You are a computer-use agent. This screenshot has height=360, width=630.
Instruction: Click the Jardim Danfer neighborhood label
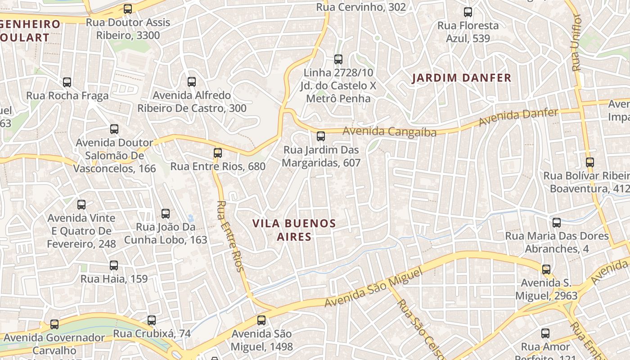[462, 78]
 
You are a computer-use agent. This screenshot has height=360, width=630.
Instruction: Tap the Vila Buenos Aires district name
[294, 230]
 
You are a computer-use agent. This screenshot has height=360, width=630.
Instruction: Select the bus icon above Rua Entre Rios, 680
[218, 153]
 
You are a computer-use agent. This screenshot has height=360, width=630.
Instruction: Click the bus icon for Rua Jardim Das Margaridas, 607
[321, 136]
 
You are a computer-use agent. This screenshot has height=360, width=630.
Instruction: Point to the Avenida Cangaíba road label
[389, 132]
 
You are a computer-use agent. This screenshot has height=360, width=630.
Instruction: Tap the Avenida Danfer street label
[518, 117]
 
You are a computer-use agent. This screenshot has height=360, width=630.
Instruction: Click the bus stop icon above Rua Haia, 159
[114, 265]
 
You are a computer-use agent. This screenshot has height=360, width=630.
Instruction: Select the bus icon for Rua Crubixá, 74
[152, 320]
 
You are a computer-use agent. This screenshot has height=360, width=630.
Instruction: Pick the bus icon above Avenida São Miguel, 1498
[261, 320]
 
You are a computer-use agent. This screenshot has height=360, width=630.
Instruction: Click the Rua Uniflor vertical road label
[576, 43]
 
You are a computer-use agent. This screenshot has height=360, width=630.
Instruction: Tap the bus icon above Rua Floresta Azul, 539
[468, 12]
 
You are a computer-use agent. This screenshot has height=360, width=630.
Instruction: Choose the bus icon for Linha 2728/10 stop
[338, 59]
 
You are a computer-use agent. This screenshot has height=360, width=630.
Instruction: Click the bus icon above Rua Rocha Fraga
[67, 82]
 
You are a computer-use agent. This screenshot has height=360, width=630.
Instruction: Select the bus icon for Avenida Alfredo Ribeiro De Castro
[192, 81]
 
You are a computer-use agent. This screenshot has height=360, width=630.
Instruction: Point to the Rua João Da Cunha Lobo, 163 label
[166, 233]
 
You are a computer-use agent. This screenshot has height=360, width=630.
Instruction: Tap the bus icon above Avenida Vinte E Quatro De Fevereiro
[81, 204]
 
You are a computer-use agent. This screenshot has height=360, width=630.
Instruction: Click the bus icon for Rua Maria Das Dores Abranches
[557, 222]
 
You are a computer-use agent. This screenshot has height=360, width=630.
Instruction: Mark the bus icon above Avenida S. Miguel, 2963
[546, 270]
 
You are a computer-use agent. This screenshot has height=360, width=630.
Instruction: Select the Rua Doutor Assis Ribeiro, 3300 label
[128, 29]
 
